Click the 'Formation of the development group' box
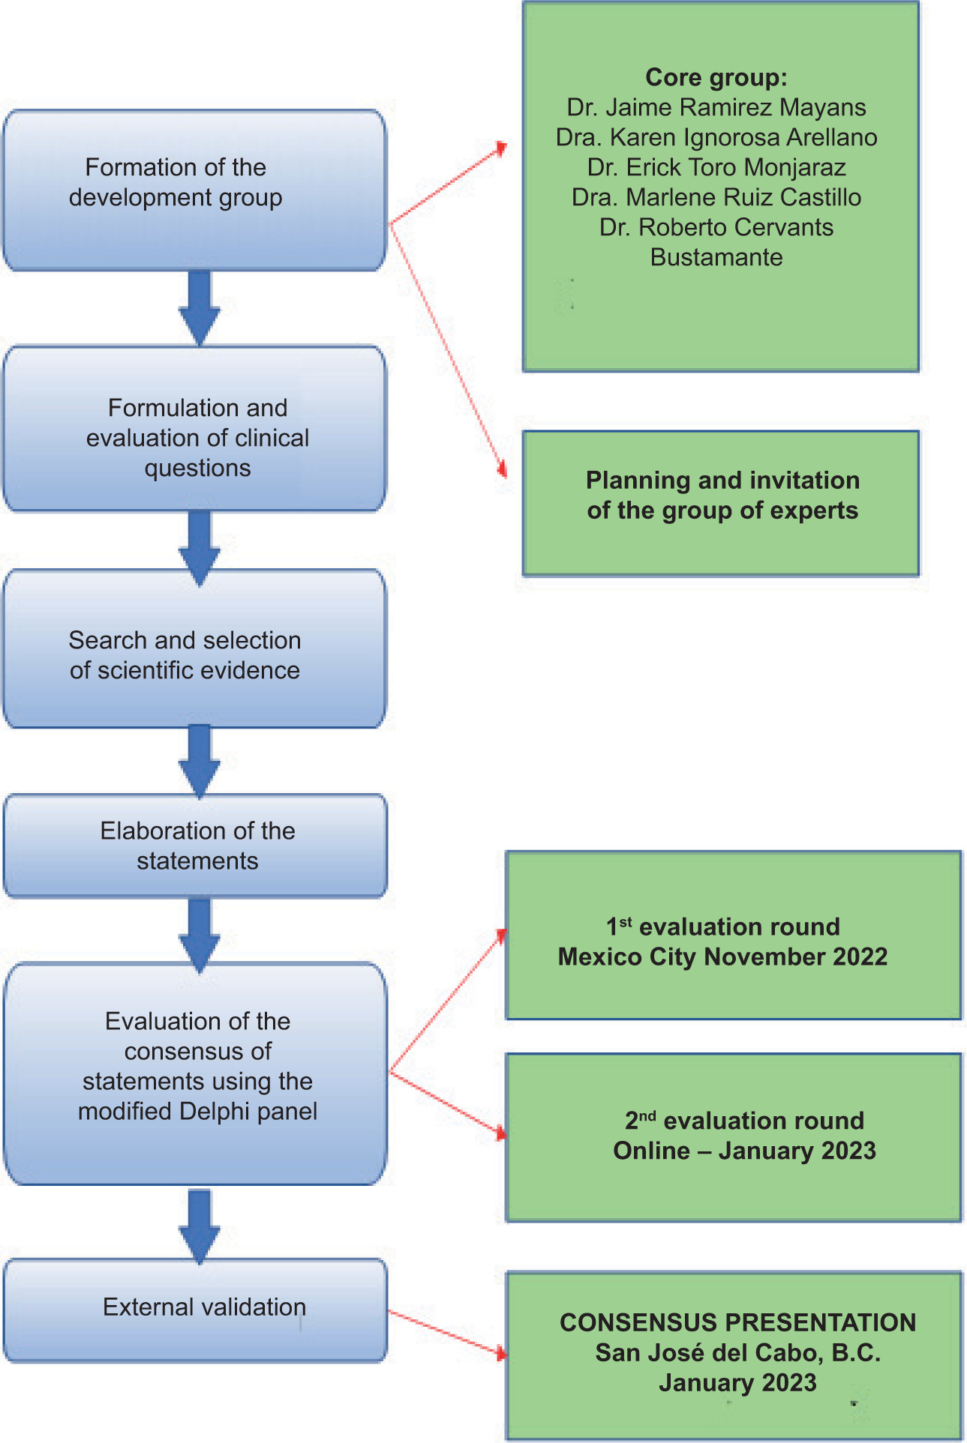[194, 190]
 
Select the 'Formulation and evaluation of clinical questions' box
[194, 429]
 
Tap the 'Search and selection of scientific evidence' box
[194, 649]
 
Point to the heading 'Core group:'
[716, 77]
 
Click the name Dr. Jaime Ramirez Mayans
[716, 107]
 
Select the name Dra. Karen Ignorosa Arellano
[716, 137]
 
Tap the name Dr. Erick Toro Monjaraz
[716, 167]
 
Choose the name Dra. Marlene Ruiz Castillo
[716, 197]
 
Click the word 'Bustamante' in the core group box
[716, 257]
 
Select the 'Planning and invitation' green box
[721, 503]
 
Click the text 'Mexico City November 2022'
[722, 957]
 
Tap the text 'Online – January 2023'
[744, 1151]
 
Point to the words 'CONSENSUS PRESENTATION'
[737, 1322]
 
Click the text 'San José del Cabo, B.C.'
[737, 1352]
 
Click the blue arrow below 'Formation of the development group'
[200, 307]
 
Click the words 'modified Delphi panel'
[197, 1111]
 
